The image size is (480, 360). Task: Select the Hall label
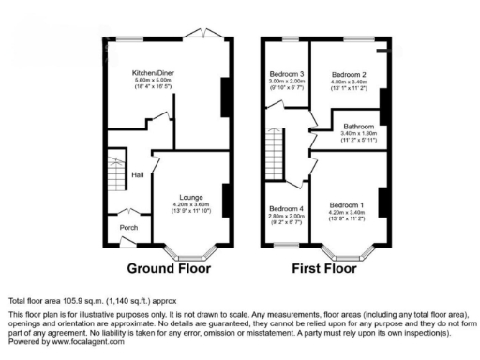pos(137,174)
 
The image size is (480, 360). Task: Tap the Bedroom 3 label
pos(287,74)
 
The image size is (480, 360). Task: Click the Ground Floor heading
pos(169,268)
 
